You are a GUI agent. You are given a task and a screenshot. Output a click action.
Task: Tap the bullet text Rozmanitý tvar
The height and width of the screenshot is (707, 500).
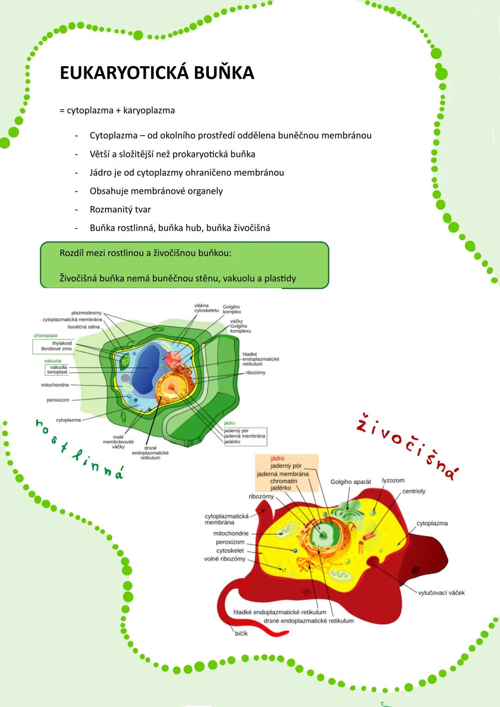pos(120,210)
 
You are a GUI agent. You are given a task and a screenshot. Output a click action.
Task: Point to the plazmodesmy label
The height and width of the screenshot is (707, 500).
pos(87,313)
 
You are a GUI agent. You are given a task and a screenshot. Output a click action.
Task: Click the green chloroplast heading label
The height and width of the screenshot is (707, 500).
pos(45,336)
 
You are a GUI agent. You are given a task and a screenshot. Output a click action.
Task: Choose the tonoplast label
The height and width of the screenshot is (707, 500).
pos(57,372)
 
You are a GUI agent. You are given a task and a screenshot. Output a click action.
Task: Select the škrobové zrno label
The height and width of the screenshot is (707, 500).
pos(56,349)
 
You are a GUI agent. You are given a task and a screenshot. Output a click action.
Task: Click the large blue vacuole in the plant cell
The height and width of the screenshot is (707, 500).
pos(144,365)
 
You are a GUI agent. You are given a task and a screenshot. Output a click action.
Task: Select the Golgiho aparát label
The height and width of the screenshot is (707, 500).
pos(350,482)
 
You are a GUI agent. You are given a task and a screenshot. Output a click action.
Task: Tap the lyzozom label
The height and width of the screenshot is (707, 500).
pos(393,481)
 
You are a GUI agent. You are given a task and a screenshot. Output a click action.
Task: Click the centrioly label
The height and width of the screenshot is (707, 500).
pos(414,491)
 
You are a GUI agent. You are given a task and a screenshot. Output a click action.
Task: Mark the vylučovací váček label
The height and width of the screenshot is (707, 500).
pos(441,593)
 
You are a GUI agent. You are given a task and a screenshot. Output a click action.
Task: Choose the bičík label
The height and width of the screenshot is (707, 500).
pos(241,633)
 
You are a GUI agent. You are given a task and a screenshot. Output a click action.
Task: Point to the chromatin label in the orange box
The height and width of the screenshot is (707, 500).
pos(284,481)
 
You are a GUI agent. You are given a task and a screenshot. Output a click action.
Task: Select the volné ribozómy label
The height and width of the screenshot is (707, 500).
pos(225,559)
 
